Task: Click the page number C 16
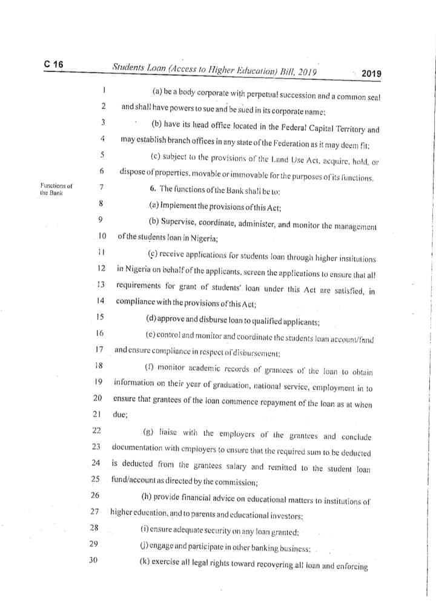pyautogui.click(x=53, y=65)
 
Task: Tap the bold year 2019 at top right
pyautogui.click(x=371, y=74)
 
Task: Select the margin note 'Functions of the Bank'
pyautogui.click(x=53, y=189)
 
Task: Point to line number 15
pyautogui.click(x=100, y=317)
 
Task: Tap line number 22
pyautogui.click(x=96, y=430)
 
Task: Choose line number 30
pyautogui.click(x=93, y=561)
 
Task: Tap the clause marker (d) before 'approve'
pyautogui.click(x=151, y=319)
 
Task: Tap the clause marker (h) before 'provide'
pyautogui.click(x=147, y=499)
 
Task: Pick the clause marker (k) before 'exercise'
pyautogui.click(x=145, y=564)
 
